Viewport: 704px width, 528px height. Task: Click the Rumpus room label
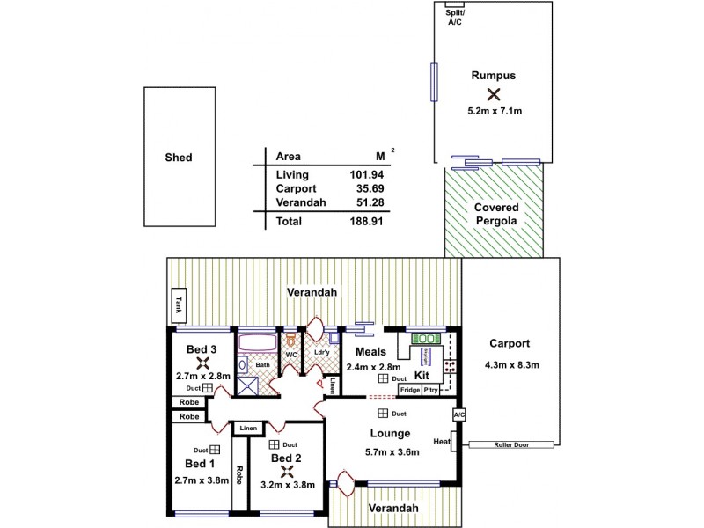coord(493,76)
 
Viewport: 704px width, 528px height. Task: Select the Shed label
coord(178,158)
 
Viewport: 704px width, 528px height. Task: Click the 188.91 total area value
coord(370,222)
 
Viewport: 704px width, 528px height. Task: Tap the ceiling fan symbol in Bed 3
coord(202,363)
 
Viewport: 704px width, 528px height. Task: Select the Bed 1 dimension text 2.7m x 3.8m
coord(202,480)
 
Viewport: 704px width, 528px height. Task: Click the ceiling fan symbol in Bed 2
coord(286,470)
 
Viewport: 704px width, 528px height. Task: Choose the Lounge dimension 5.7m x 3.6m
coord(392,452)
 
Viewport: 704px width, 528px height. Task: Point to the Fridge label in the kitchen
coord(409,390)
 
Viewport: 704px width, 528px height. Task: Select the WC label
coord(290,355)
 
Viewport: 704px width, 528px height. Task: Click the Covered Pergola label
coord(497,214)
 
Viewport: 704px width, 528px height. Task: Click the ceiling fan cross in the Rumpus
coord(493,94)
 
